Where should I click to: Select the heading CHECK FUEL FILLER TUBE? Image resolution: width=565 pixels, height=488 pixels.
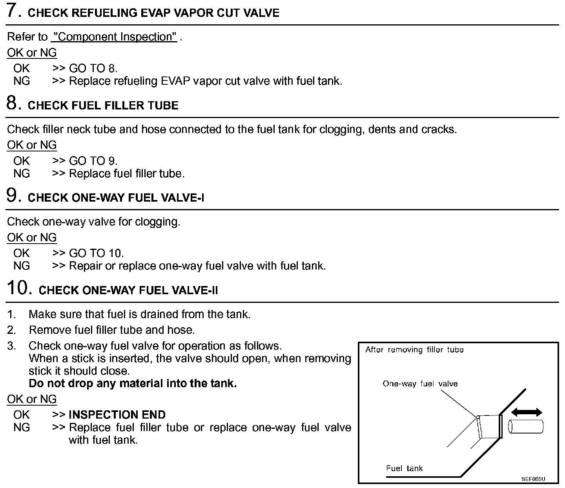pos(103,106)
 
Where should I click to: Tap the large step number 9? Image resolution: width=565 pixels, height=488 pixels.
pos(14,195)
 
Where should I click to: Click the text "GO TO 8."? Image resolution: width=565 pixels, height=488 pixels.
pos(93,69)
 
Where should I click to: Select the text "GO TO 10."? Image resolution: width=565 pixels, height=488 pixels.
pos(96,253)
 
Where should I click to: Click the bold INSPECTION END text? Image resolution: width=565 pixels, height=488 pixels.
pos(117,415)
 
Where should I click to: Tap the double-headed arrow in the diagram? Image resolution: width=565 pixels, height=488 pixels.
pos(527,412)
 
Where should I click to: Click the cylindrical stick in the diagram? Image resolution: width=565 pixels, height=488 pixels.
pos(526,426)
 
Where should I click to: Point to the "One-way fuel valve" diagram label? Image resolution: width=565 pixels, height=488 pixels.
pos(420,384)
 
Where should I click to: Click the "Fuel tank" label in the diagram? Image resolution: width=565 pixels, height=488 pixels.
pos(404,468)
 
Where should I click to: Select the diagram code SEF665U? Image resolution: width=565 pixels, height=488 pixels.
pos(533,479)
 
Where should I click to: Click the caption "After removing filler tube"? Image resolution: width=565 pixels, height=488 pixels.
pos(414,350)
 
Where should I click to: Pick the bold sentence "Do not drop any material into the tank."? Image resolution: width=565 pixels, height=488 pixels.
pos(133,383)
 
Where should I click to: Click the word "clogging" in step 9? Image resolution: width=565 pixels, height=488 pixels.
pos(157,222)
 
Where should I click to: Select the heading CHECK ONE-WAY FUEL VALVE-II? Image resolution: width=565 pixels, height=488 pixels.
pos(128,290)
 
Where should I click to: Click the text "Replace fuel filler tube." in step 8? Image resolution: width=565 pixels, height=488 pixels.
pos(126,173)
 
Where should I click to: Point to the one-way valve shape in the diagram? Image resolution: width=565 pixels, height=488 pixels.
pos(488,426)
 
